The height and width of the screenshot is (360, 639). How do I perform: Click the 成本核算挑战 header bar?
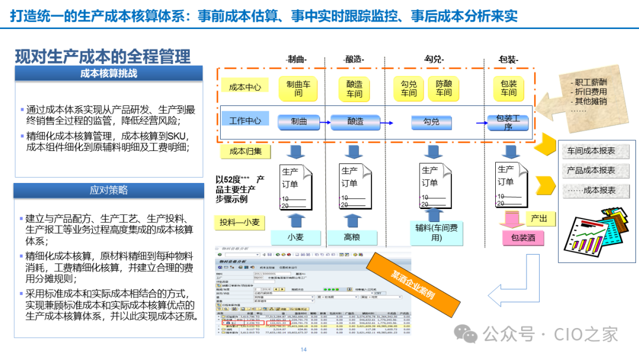109,73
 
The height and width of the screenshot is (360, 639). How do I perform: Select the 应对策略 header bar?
109,190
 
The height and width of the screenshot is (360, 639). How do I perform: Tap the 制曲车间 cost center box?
298,88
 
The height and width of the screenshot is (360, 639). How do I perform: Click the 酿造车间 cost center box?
354,88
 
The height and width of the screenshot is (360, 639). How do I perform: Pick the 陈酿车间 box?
443,88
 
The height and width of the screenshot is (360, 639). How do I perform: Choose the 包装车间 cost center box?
508,88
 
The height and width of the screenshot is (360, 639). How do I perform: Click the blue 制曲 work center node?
299,121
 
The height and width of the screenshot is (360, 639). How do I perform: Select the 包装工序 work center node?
508,122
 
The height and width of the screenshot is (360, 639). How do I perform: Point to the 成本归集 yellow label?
245,151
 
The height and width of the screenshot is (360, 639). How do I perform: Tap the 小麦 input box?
296,237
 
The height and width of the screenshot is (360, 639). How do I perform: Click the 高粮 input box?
352,237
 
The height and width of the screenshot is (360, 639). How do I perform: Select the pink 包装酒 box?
523,238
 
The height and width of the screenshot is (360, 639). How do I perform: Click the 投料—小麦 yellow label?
239,223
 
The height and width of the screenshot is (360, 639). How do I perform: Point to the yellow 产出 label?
540,218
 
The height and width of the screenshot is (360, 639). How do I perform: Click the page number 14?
304,350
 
